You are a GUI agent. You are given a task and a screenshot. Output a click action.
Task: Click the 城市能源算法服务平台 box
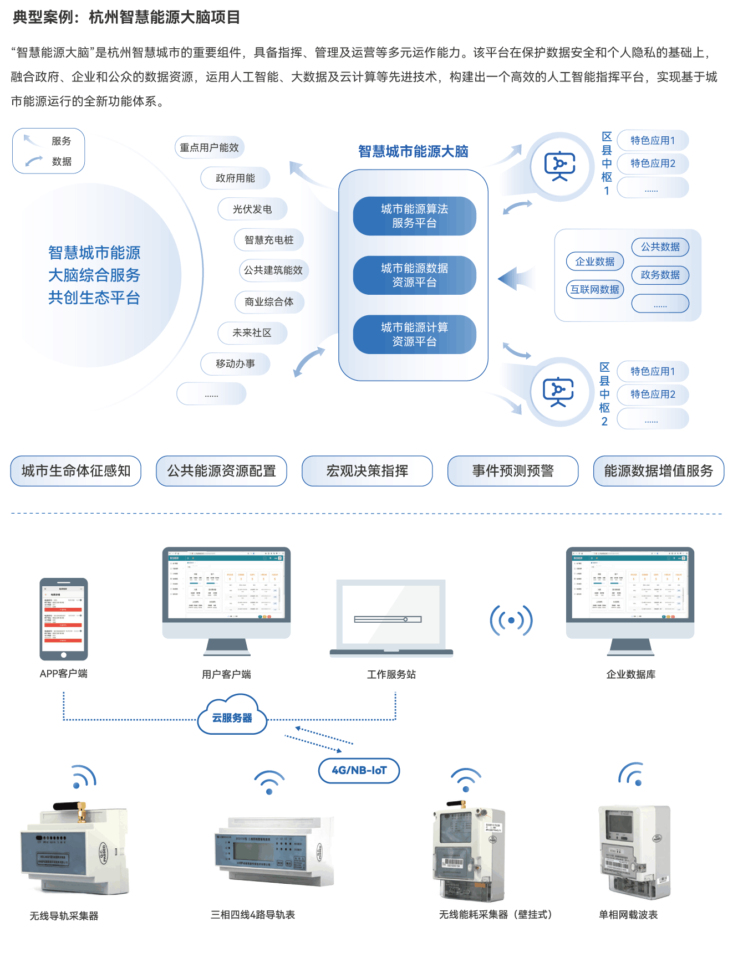tap(414, 216)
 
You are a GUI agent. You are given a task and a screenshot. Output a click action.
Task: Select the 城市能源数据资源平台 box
tap(414, 275)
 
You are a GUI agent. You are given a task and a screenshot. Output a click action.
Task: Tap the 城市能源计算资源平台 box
tap(414, 335)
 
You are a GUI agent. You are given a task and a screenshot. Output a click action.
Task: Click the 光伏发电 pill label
tap(252, 209)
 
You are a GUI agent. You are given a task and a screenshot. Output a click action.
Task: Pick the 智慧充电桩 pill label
tap(269, 240)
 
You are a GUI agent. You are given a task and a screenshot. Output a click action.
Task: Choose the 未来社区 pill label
tap(252, 333)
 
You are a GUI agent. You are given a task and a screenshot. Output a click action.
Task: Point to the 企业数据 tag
tap(595, 262)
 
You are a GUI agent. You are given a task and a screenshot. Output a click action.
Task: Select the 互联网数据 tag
tap(595, 289)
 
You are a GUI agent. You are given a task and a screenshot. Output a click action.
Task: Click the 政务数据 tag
tap(660, 275)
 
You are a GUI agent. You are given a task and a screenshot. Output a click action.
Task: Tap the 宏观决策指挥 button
tap(367, 471)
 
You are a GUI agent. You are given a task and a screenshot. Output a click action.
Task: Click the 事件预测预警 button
tap(513, 471)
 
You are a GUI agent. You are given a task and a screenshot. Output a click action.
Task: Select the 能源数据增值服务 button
tap(659, 471)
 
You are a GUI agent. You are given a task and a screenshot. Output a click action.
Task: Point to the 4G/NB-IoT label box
tap(359, 771)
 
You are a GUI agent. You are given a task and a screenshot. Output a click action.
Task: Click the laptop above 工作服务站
tap(391, 618)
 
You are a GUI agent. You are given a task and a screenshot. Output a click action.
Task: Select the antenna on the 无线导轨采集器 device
tap(82, 811)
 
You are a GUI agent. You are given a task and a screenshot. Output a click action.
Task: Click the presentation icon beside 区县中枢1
tap(560, 166)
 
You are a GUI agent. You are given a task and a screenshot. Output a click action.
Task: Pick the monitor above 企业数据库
tap(630, 593)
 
